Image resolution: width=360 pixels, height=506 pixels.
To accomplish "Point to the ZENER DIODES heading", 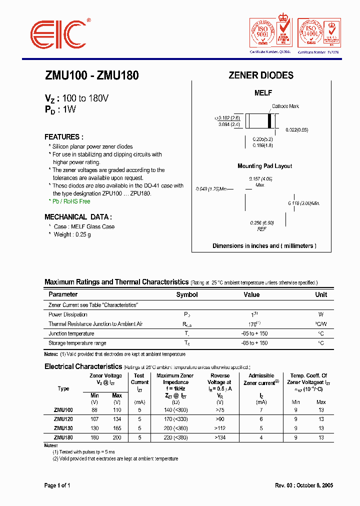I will [x=261, y=75].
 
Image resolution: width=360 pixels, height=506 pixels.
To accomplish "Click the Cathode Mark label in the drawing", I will [x=285, y=106].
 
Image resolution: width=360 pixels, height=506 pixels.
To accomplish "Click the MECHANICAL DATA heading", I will [x=78, y=217].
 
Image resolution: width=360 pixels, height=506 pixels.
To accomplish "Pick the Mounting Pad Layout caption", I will [x=264, y=166].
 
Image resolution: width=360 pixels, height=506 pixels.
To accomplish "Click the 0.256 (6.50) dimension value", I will [x=262, y=223].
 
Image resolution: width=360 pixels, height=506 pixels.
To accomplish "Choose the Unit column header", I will [x=321, y=295].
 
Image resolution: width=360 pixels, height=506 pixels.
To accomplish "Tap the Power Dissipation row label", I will [x=68, y=314].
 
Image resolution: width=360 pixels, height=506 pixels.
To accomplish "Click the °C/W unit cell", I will [x=320, y=324].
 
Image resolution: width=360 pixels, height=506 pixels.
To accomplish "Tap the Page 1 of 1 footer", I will [x=57, y=485].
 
